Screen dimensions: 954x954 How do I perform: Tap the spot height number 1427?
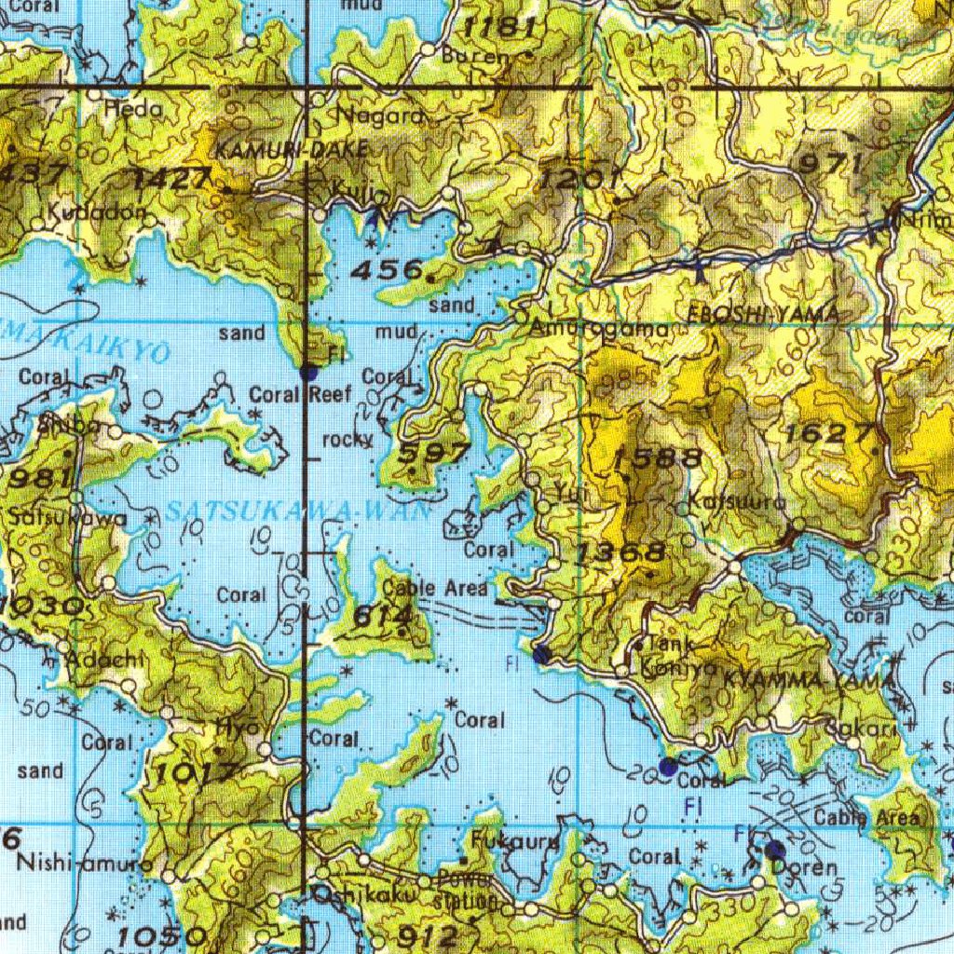(174, 178)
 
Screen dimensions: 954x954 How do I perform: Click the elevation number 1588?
(659, 457)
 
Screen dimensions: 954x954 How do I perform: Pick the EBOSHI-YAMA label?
(763, 315)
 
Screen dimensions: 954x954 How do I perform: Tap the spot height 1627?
(829, 433)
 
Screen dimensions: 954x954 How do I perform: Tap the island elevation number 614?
(383, 616)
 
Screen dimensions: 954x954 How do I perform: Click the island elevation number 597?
(434, 454)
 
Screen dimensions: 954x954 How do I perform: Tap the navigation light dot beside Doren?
(774, 850)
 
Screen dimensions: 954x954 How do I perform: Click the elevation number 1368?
(620, 553)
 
